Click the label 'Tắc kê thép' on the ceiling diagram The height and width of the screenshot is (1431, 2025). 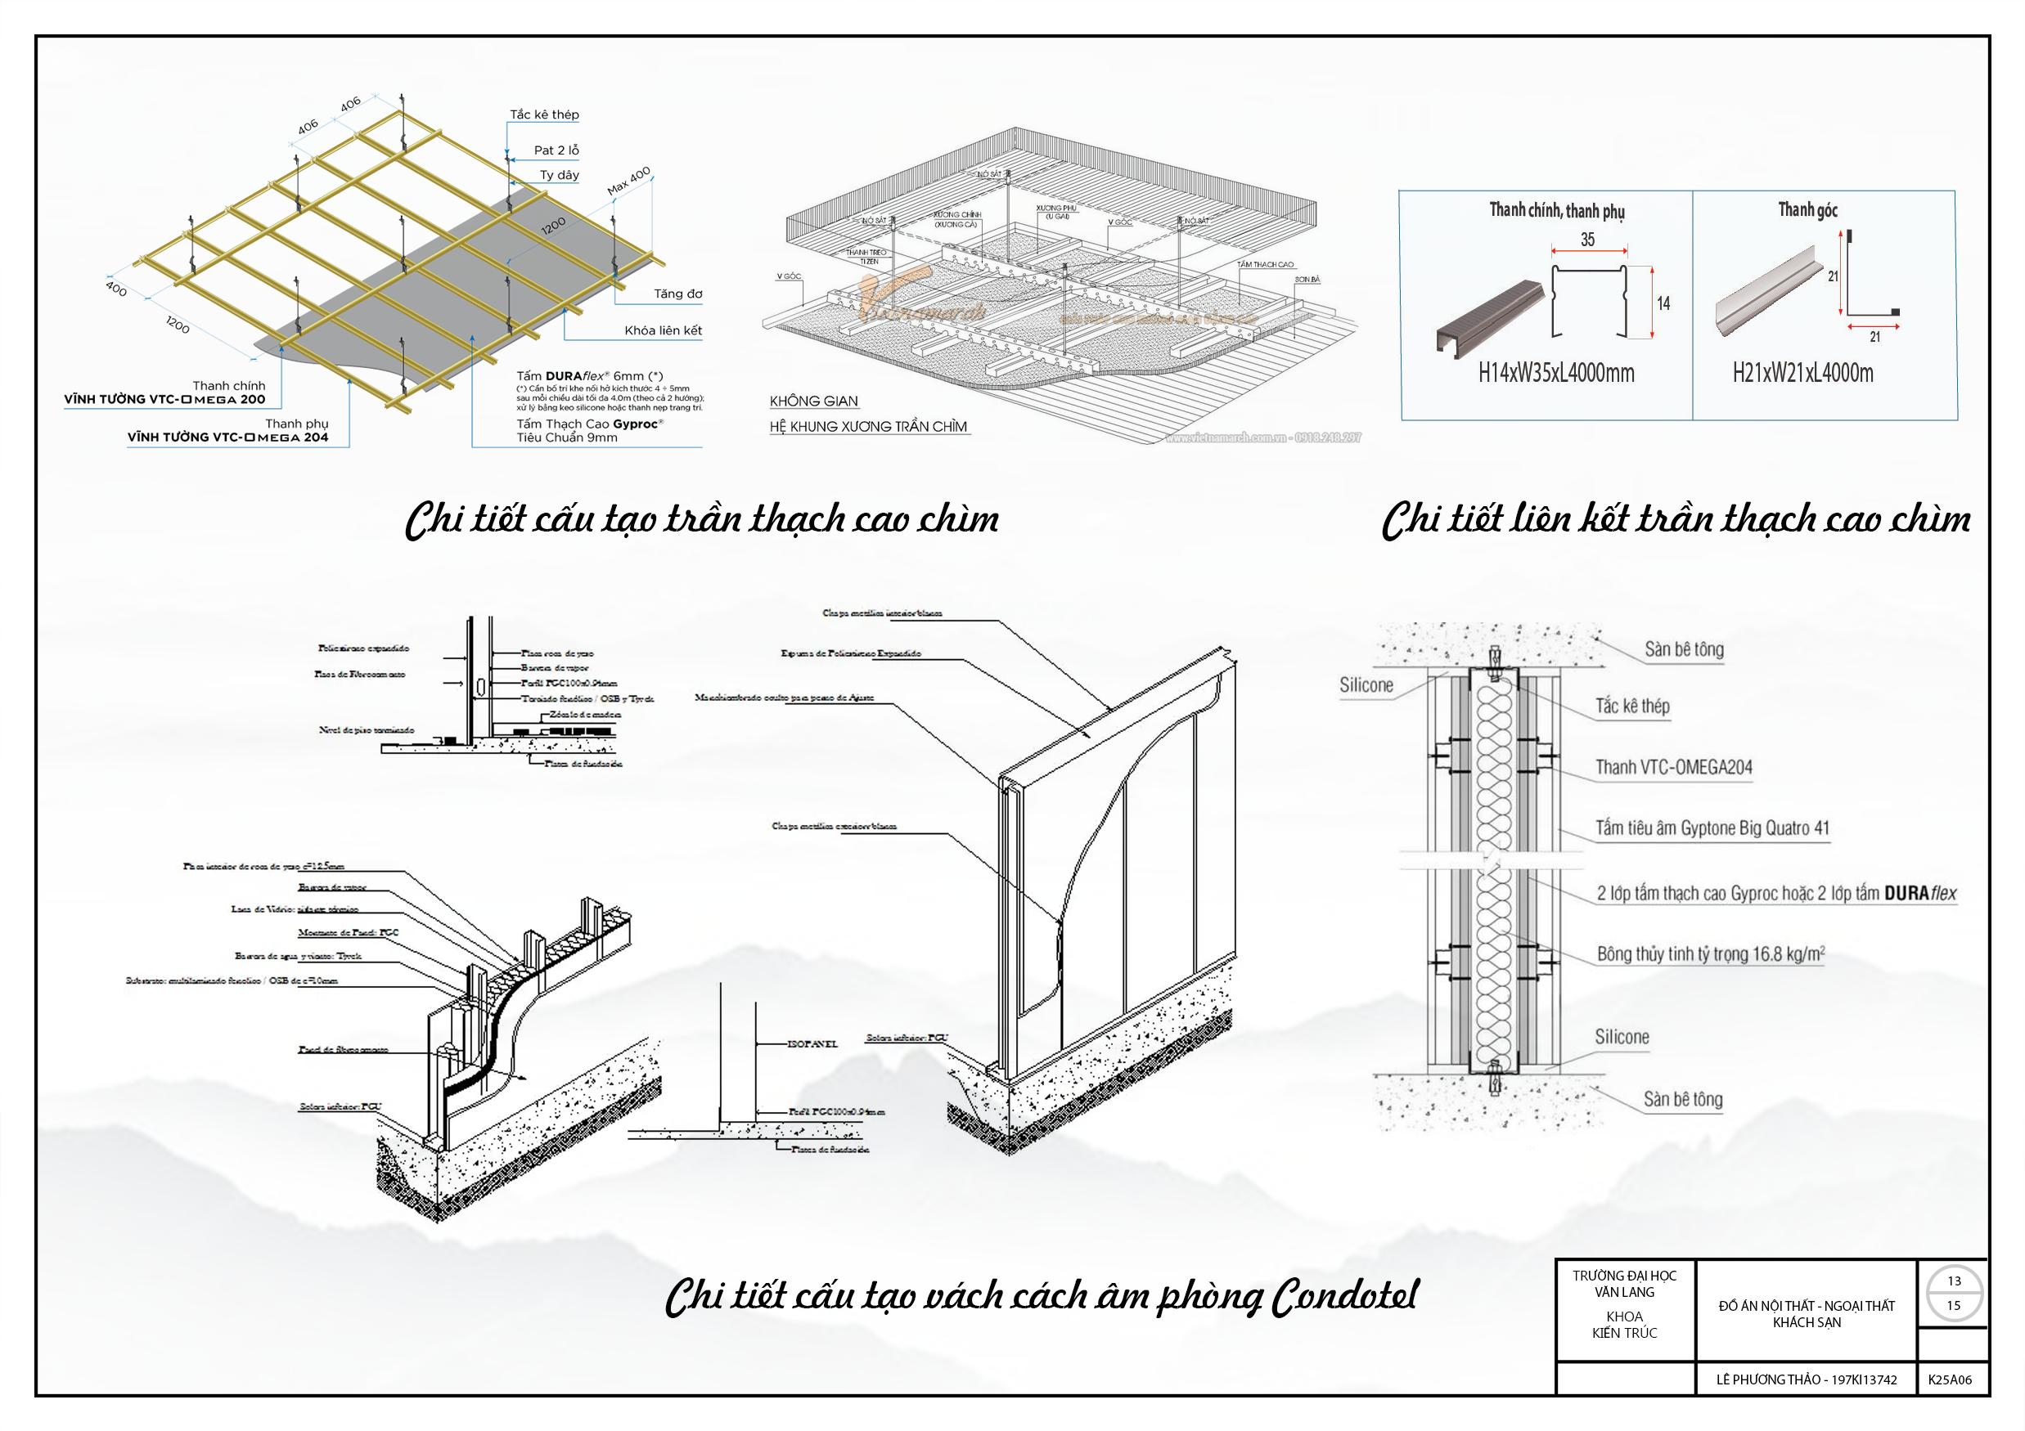[544, 114]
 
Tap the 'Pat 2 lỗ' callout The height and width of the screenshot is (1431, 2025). [556, 150]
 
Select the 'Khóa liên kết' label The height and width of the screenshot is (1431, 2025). [664, 330]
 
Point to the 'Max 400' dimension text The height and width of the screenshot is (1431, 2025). [629, 181]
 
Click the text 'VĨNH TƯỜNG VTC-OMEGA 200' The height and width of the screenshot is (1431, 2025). [164, 399]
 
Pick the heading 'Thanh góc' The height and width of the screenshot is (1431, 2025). [1808, 210]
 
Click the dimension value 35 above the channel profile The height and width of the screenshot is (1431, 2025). [1587, 239]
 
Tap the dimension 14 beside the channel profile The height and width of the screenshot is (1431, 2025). [1663, 303]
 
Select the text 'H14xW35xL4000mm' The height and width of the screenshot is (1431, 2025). [1557, 373]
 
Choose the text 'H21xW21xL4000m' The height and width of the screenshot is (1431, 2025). [1802, 373]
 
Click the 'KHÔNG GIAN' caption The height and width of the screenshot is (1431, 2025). [813, 401]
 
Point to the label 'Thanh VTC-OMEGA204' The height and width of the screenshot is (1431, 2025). [1673, 767]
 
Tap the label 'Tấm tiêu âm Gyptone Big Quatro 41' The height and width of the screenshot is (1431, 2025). [1712, 829]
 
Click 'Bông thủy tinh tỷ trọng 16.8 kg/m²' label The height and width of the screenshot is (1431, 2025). [1710, 954]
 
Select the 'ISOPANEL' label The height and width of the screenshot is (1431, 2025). [812, 1044]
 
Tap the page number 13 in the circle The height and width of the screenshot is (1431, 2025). [1955, 1281]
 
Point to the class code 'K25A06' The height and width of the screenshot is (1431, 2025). [1950, 1379]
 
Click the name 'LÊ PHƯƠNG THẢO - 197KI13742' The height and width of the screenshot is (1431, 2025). [1807, 1379]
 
